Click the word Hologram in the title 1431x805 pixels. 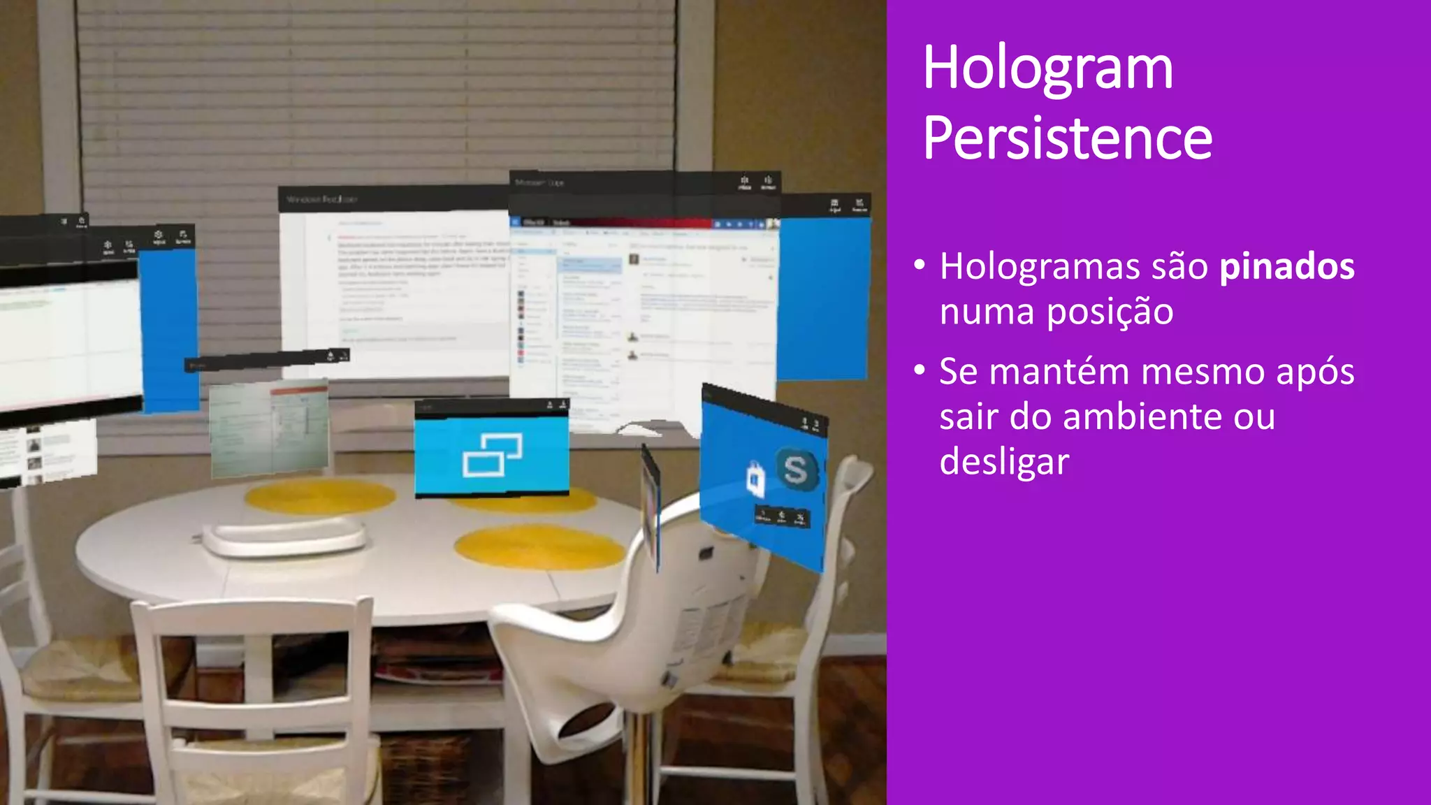click(x=1047, y=68)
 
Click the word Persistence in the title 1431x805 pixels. click(x=1067, y=138)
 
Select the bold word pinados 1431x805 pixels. click(x=1286, y=266)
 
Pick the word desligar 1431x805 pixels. click(x=1004, y=462)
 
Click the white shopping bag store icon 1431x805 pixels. click(x=756, y=480)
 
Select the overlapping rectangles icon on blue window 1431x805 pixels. click(x=492, y=454)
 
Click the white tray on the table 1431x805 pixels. click(x=284, y=536)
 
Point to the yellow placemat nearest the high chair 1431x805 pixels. click(x=539, y=546)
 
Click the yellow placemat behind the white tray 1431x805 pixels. click(x=319, y=497)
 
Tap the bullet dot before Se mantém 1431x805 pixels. click(x=920, y=370)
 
